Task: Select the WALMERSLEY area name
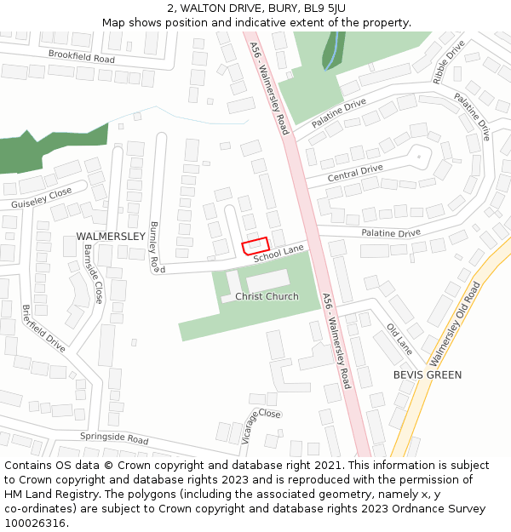111,235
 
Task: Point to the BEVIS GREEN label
427,375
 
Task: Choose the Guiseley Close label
42,199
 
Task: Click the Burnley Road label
155,247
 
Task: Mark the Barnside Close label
93,273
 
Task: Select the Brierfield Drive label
43,329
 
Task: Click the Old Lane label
399,338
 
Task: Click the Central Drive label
355,173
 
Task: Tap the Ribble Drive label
449,61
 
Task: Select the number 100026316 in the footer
35,523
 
